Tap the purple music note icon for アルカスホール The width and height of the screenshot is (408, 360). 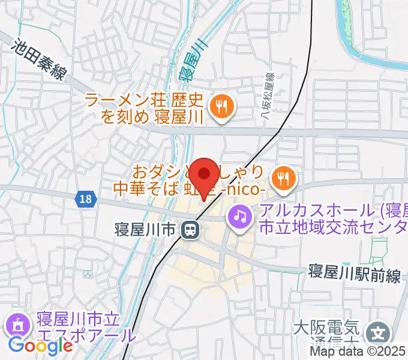[x=241, y=215]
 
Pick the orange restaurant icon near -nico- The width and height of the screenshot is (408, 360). [x=281, y=177]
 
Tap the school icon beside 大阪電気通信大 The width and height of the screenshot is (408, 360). [x=379, y=331]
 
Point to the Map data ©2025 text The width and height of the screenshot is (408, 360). [x=358, y=352]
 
